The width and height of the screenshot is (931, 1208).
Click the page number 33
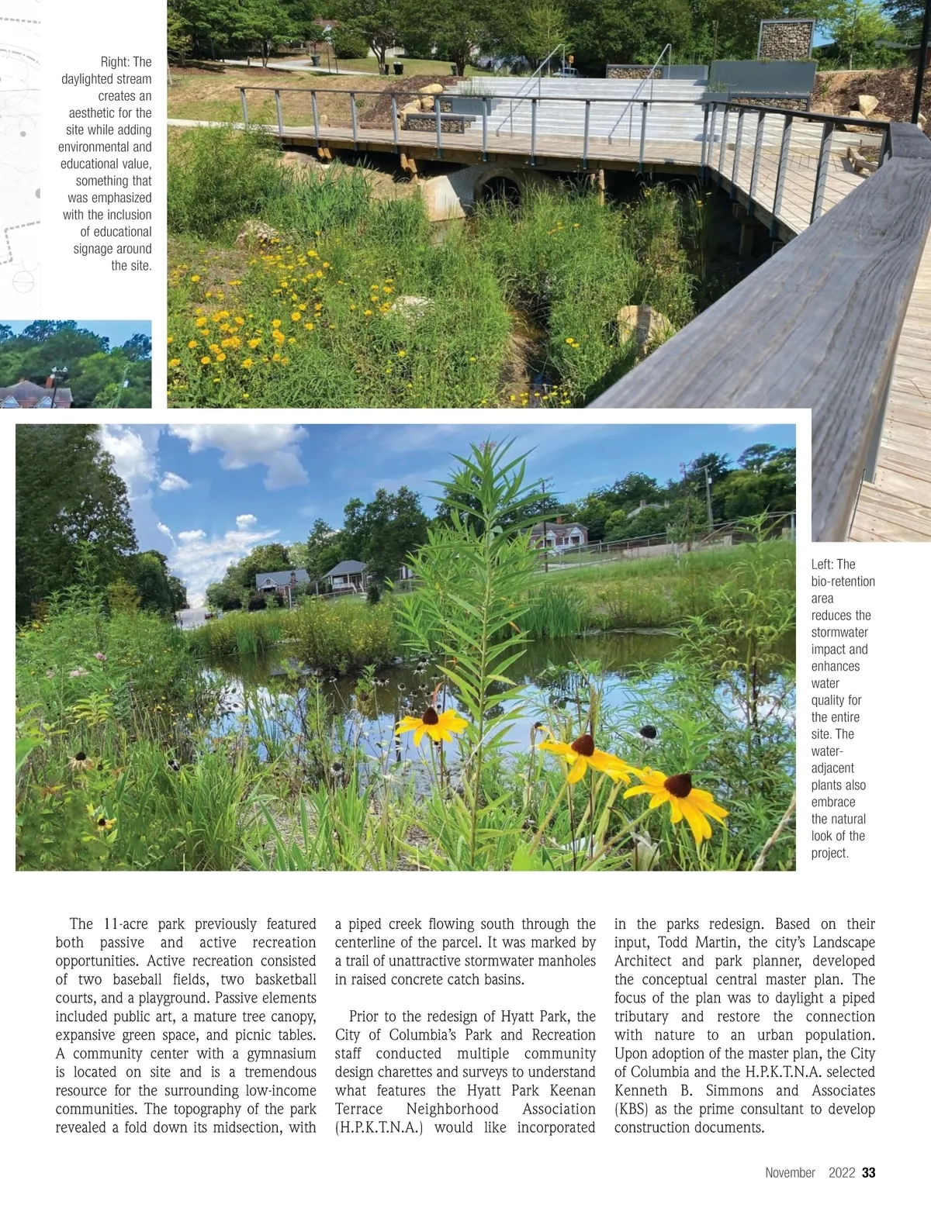click(x=869, y=1172)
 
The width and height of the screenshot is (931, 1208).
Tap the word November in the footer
click(x=790, y=1172)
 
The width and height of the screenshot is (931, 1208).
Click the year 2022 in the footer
click(x=841, y=1172)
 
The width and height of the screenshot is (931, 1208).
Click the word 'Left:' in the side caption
click(x=822, y=564)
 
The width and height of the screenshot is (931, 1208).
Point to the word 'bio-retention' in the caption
click(x=843, y=582)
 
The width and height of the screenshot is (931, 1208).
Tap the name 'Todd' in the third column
click(x=674, y=942)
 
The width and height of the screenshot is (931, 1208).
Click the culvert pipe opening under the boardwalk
click(x=500, y=188)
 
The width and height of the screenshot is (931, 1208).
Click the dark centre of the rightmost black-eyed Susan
click(x=677, y=784)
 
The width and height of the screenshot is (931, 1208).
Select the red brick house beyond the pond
click(x=559, y=536)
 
